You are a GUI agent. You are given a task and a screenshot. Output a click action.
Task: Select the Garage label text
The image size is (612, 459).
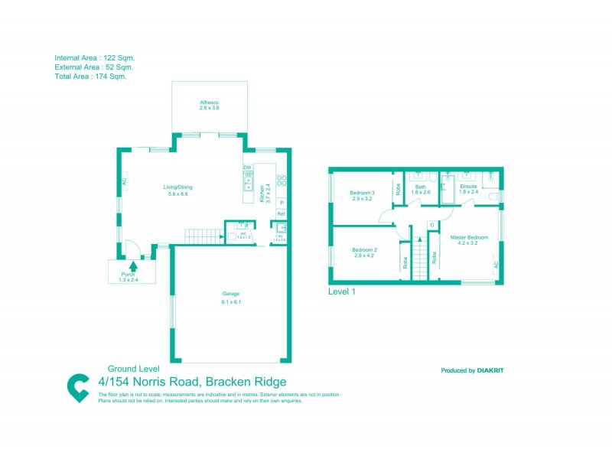[x=231, y=294]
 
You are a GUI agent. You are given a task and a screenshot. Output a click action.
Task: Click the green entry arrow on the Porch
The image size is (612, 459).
[x=134, y=266]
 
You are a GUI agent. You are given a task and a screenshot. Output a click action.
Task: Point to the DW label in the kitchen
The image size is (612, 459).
[x=247, y=168]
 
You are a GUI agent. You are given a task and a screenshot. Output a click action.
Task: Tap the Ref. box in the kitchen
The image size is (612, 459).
[x=281, y=213]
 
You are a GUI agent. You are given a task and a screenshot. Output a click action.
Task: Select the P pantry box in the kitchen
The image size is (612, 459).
[x=281, y=202]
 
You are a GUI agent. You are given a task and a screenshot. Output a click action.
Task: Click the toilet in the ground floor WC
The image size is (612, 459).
[x=230, y=237]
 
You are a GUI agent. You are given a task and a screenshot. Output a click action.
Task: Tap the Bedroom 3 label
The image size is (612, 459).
[x=362, y=192]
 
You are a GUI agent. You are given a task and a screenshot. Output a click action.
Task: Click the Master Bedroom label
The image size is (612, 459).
[x=468, y=237]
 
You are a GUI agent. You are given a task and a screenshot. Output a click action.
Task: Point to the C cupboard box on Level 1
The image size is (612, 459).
[x=431, y=224]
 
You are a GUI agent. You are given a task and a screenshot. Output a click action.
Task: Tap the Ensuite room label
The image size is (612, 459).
[x=468, y=186]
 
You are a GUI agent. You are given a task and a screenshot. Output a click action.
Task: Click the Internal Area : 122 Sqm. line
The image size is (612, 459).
[x=95, y=57]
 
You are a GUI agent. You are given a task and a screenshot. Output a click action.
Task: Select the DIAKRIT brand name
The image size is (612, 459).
[x=491, y=370]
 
